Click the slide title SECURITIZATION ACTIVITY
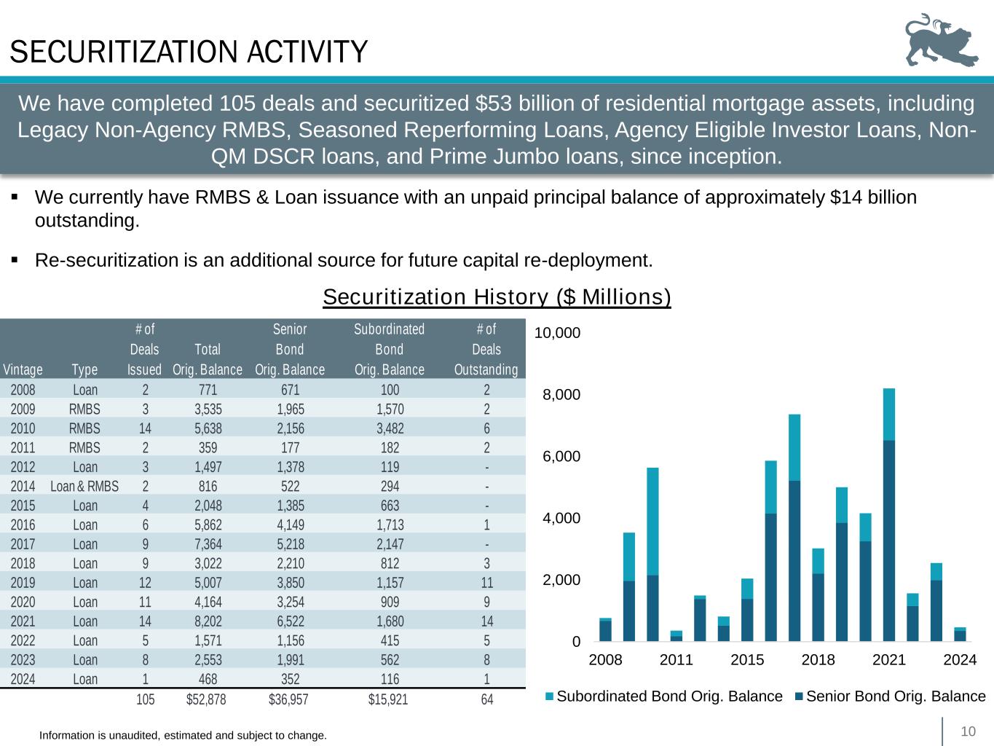click(189, 52)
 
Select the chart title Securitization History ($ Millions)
click(497, 297)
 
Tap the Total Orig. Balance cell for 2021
click(208, 621)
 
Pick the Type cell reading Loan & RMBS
click(84, 486)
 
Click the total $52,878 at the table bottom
click(207, 699)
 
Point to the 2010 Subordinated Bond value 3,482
click(389, 428)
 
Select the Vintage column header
click(23, 369)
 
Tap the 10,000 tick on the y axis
click(557, 333)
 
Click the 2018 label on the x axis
click(818, 660)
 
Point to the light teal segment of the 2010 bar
click(652, 521)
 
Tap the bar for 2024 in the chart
click(960, 635)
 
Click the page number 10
click(968, 731)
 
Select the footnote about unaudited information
click(183, 736)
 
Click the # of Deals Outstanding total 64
click(486, 699)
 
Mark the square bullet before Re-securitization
click(15, 259)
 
